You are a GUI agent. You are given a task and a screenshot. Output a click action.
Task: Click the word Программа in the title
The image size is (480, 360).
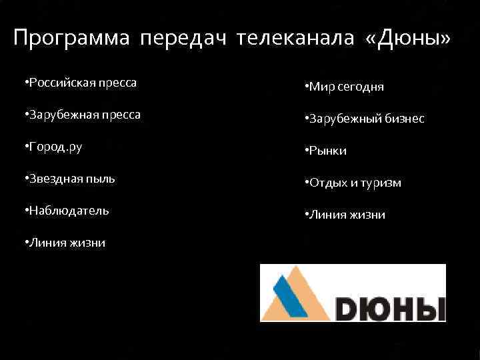[72, 39]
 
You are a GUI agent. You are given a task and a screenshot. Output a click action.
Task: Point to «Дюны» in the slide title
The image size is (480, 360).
[409, 39]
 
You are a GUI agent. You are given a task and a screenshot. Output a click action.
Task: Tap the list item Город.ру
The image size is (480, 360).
[55, 147]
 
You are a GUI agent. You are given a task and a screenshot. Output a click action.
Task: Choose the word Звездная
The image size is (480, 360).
[54, 179]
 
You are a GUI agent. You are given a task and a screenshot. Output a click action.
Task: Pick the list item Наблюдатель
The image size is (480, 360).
[67, 211]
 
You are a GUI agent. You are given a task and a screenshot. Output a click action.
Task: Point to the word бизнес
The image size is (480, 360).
[401, 119]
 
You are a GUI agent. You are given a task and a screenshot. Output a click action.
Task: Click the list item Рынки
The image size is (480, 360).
[327, 151]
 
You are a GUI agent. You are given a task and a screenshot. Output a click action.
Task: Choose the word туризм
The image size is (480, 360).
[382, 183]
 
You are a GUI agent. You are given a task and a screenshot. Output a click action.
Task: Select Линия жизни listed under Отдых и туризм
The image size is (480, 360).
[346, 215]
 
